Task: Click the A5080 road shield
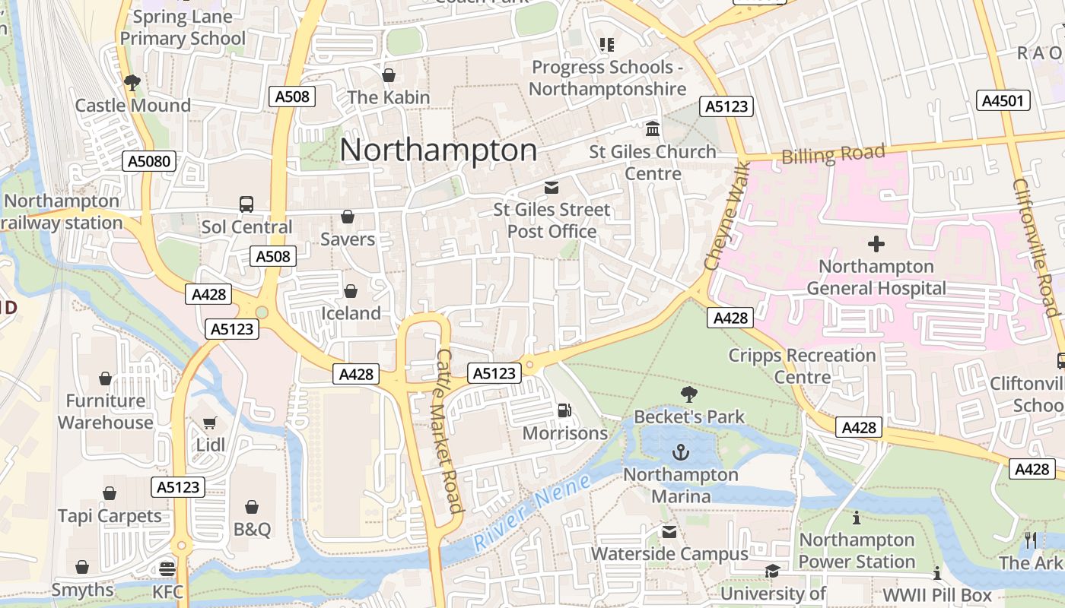pyautogui.click(x=149, y=161)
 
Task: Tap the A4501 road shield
pyautogui.click(x=1003, y=100)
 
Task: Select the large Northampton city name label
pyautogui.click(x=438, y=150)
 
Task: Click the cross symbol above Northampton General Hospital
pyautogui.click(x=876, y=244)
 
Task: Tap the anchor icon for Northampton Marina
pyautogui.click(x=681, y=453)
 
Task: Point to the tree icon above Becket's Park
pyautogui.click(x=689, y=394)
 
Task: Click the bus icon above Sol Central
pyautogui.click(x=246, y=204)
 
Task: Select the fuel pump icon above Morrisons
pyautogui.click(x=564, y=410)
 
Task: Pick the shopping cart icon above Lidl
pyautogui.click(x=210, y=423)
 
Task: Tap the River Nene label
pyautogui.click(x=532, y=512)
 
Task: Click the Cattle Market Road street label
pyautogui.click(x=449, y=430)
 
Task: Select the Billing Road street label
pyautogui.click(x=834, y=154)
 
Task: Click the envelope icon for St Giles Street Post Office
pyautogui.click(x=552, y=187)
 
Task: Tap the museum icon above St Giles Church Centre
pyautogui.click(x=653, y=128)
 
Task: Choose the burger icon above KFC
pyautogui.click(x=167, y=568)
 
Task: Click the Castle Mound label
pyautogui.click(x=132, y=106)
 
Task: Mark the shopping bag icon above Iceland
pyautogui.click(x=351, y=291)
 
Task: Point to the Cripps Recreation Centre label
pyautogui.click(x=802, y=366)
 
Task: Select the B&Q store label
pyautogui.click(x=252, y=529)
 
